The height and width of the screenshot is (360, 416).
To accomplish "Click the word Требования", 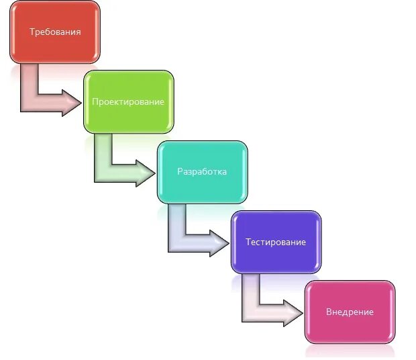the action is pos(55,32).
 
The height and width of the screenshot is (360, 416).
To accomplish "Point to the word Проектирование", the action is pos(128,101).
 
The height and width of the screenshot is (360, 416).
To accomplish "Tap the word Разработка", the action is pos(202,171).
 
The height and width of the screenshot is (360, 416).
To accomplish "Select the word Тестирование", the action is pos(276,242).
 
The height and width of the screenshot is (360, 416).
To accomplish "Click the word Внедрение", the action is pos(350,312).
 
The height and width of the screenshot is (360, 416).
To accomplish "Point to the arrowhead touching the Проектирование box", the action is pos(72,103).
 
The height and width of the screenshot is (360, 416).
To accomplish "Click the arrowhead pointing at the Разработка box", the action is pos(146,173).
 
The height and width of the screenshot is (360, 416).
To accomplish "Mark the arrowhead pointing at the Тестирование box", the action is pos(220,242).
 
